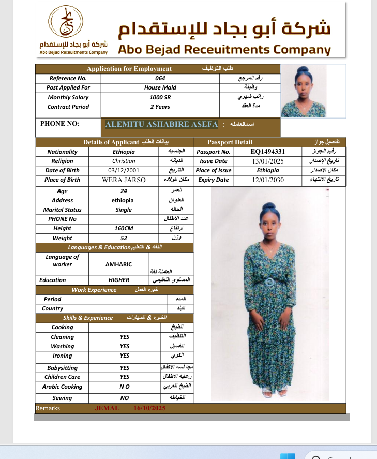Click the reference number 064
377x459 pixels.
coord(160,78)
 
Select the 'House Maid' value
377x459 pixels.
coord(160,87)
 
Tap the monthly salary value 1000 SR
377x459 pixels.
coord(160,97)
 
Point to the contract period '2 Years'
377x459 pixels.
coord(160,107)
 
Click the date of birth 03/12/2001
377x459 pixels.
coord(124,170)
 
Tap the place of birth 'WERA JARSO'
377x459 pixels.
coord(124,180)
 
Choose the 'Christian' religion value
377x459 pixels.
coord(124,161)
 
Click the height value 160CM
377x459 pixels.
coord(124,228)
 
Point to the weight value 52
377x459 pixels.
coord(124,238)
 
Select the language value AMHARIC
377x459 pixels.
coord(118,264)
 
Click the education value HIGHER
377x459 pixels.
coord(119,280)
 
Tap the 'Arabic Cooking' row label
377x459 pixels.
coord(62,387)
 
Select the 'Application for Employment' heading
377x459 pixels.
coord(129,69)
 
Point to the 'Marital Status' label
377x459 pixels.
coord(62,210)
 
